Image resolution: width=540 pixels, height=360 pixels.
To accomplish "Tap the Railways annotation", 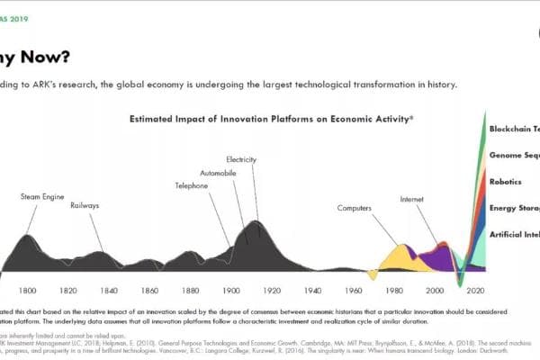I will (85, 205).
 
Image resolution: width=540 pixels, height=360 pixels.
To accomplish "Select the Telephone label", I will (191, 185).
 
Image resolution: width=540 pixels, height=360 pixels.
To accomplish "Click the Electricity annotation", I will (243, 159).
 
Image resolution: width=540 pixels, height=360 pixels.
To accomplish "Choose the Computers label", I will (355, 208).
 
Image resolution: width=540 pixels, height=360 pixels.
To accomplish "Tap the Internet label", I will (412, 198).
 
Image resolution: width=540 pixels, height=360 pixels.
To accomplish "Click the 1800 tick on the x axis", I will (27, 291).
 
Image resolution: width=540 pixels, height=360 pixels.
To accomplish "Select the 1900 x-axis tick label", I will (231, 291).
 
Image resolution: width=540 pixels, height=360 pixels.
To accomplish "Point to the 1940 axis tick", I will (313, 291).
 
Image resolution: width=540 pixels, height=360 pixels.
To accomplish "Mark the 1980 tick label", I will (394, 291).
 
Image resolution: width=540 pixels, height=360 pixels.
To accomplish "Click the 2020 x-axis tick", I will (476, 291).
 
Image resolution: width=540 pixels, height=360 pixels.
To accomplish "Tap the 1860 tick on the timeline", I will (149, 291).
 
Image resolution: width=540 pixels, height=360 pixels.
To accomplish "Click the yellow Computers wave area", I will (396, 259).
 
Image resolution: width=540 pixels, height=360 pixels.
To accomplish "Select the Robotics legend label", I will (505, 182).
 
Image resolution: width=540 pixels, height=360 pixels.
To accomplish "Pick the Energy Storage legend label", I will (514, 208).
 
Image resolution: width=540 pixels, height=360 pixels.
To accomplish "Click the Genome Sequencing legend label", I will (514, 156).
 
